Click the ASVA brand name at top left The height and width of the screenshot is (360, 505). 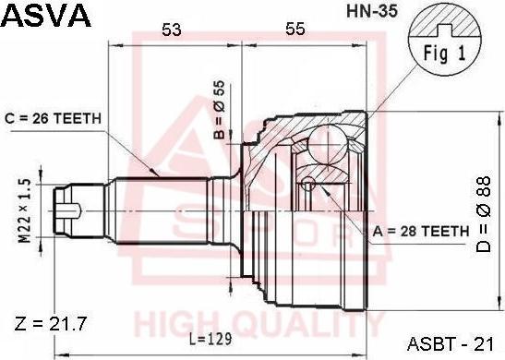click(47, 15)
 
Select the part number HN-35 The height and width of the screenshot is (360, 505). click(372, 12)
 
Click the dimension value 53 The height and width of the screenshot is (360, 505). click(172, 30)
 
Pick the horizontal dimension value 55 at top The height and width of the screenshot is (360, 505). click(295, 30)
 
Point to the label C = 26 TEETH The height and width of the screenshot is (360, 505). click(53, 119)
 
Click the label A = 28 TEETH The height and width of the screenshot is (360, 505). click(421, 231)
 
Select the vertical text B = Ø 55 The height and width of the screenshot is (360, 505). click(220, 110)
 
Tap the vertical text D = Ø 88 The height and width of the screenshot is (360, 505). click(484, 214)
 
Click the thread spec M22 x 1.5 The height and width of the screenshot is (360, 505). click(25, 210)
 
